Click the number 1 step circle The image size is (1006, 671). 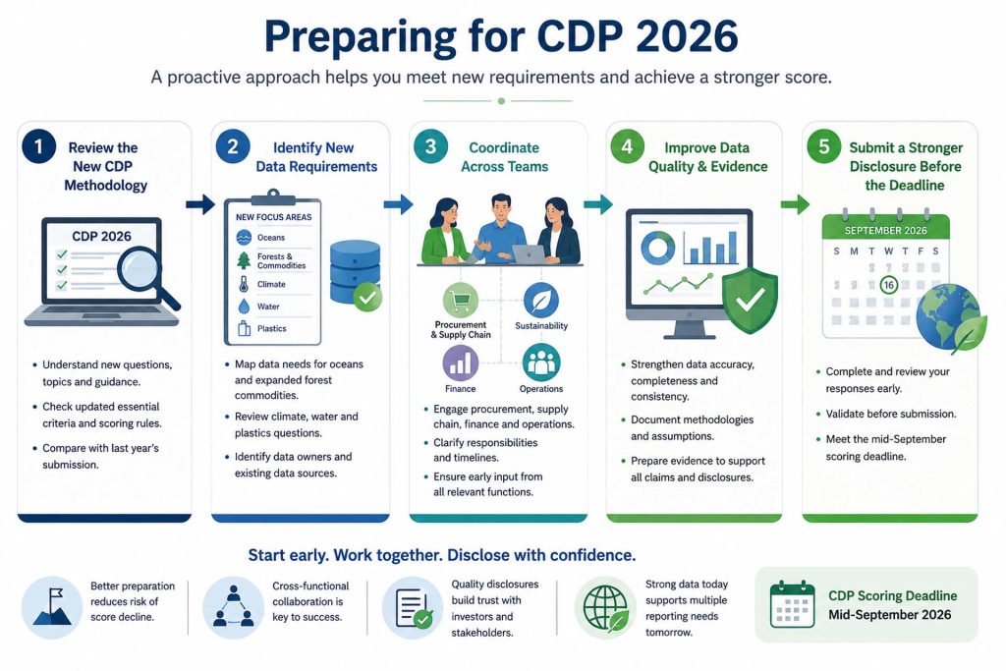[x=38, y=147]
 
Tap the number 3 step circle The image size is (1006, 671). [x=430, y=147]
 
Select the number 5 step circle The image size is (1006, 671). [x=824, y=147]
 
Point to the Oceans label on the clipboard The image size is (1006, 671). [x=271, y=238]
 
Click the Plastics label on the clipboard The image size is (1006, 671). [x=271, y=328]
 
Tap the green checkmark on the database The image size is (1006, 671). [x=367, y=298]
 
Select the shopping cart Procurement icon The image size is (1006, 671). [x=460, y=300]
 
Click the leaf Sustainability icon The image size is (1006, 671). [x=541, y=300]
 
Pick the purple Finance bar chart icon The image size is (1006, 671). [x=460, y=363]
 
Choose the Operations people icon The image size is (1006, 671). [x=541, y=363]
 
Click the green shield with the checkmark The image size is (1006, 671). [x=750, y=301]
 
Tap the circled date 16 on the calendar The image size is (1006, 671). [x=888, y=285]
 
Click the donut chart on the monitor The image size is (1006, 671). [x=657, y=247]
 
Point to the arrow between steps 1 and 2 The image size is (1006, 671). [x=200, y=204]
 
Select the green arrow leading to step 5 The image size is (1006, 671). [x=795, y=204]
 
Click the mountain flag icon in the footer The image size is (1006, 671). [x=52, y=607]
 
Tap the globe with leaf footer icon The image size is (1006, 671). [x=605, y=607]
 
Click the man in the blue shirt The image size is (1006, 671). [x=500, y=230]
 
